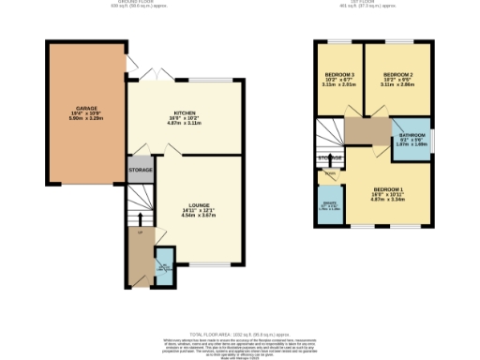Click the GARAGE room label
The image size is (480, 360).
coord(86,110)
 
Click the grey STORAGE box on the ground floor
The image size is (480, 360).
coord(142,171)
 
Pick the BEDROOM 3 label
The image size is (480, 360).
coord(337,75)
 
